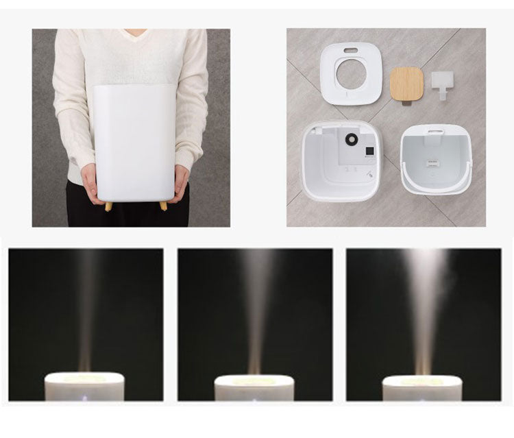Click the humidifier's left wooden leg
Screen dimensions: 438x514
108,206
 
